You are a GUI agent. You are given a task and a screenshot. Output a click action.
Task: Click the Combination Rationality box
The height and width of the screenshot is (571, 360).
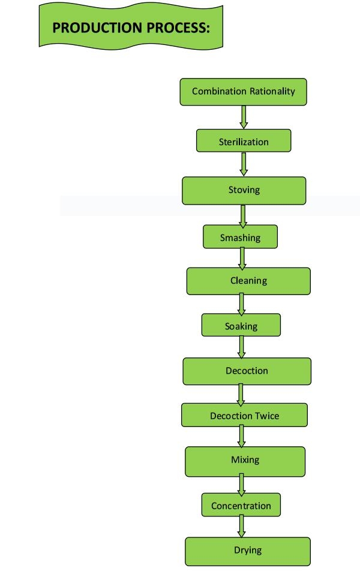[x=244, y=92]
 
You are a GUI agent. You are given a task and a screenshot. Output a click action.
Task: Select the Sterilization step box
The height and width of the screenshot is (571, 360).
[x=244, y=140]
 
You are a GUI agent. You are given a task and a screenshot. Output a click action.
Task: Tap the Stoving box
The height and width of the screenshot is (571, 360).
[x=244, y=191]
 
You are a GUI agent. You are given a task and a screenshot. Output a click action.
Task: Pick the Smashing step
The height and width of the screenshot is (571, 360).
[x=240, y=237]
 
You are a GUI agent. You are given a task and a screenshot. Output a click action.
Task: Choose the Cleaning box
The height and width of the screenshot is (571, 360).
[x=248, y=281]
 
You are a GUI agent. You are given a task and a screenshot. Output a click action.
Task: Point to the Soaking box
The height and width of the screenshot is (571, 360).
[x=241, y=325]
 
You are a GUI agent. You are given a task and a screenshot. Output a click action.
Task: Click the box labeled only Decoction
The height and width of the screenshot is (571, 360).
[x=247, y=371]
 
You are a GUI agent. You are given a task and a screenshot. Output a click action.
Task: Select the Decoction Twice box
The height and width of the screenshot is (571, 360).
[x=244, y=415]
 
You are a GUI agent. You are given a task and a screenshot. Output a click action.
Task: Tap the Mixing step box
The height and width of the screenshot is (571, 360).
[x=245, y=461]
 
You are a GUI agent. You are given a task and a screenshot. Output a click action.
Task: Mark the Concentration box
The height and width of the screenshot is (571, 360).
[x=241, y=505]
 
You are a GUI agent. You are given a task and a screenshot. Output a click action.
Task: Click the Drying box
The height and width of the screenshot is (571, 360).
[x=248, y=551]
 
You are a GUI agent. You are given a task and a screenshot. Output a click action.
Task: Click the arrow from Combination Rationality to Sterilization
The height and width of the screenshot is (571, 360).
[x=244, y=117]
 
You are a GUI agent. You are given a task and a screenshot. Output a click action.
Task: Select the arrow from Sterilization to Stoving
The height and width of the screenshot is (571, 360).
[x=244, y=164]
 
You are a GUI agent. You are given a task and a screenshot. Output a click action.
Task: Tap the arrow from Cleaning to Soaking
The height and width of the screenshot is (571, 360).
[x=241, y=305]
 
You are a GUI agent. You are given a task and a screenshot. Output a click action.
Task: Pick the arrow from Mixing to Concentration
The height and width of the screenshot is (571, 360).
[x=241, y=485]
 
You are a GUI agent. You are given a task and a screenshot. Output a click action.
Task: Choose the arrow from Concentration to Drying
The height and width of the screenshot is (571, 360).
[x=241, y=526]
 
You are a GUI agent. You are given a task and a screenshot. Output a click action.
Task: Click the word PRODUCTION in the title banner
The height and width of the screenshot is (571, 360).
[x=97, y=28]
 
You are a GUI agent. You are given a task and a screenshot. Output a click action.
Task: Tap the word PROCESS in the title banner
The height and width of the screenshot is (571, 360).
[x=178, y=28]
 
